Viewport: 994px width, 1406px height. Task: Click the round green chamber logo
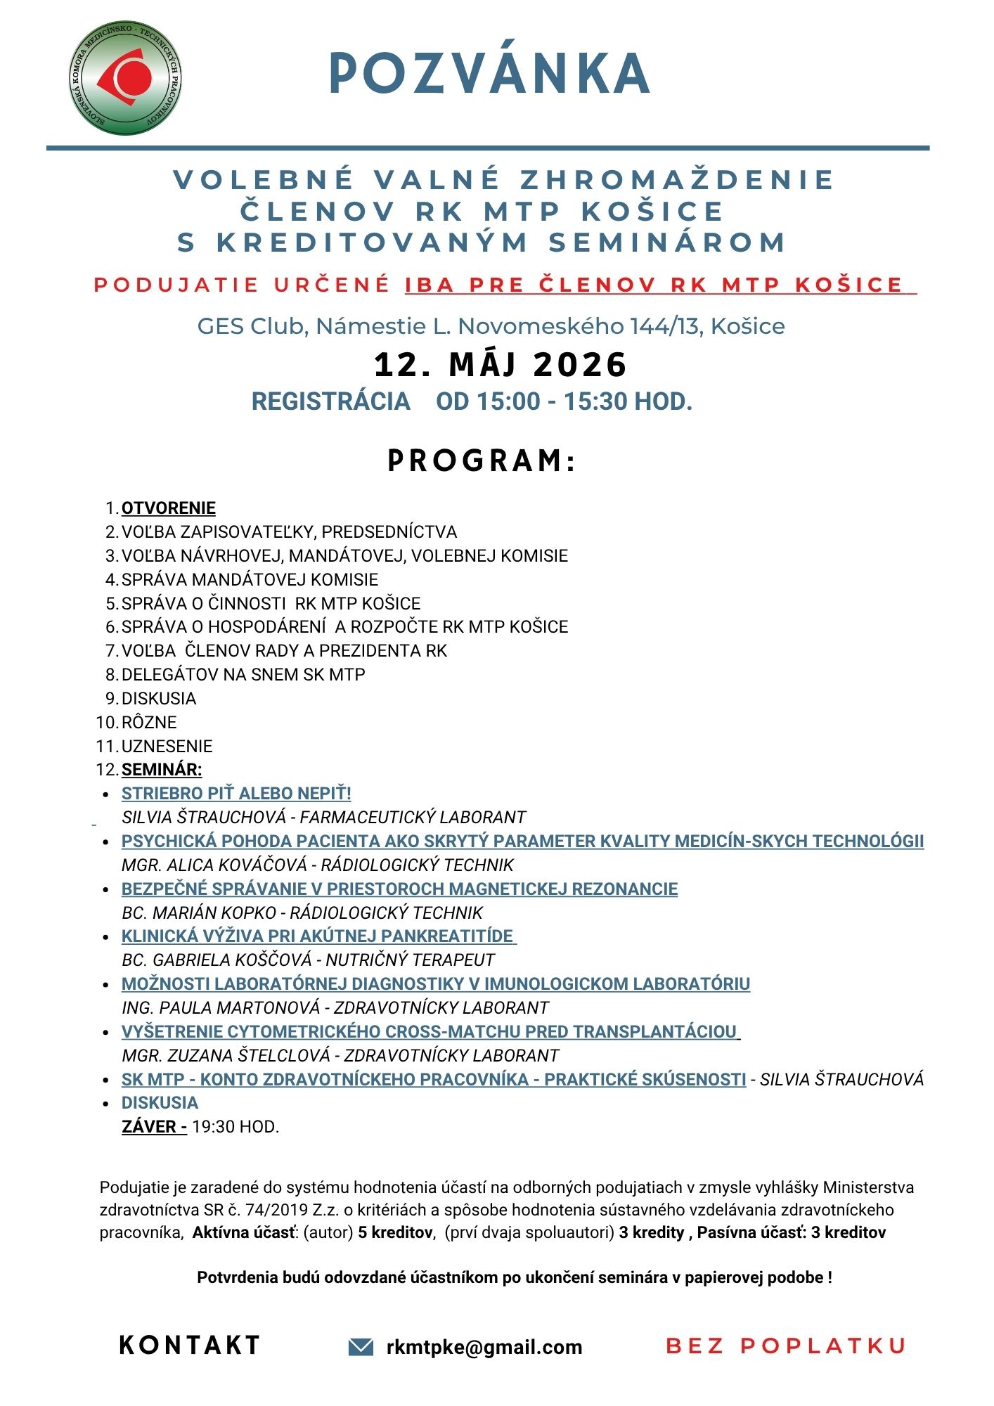(x=127, y=78)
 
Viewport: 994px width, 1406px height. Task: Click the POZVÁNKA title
(x=489, y=74)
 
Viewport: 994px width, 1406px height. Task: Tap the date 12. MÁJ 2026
(x=500, y=365)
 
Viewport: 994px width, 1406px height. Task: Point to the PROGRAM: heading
(x=482, y=461)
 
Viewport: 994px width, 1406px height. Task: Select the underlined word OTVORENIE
(x=169, y=508)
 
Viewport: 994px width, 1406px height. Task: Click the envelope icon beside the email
(x=361, y=1346)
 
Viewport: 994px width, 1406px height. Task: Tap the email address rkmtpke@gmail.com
(x=484, y=1347)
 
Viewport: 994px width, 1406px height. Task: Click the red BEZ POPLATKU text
(x=785, y=1346)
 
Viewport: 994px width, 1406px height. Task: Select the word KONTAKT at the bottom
(x=190, y=1346)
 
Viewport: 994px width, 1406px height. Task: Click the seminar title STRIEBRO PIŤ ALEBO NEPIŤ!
(x=236, y=794)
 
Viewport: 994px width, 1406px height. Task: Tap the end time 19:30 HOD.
(x=235, y=1127)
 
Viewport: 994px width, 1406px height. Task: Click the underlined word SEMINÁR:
(x=162, y=770)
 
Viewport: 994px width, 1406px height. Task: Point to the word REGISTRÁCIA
(x=330, y=401)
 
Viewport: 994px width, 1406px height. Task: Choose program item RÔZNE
(x=149, y=722)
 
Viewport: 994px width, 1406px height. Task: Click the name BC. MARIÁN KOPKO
(x=199, y=912)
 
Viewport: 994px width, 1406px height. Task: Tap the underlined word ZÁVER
(x=153, y=1127)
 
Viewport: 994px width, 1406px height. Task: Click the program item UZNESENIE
(x=167, y=746)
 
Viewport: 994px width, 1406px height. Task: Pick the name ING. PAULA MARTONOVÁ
(x=221, y=1007)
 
